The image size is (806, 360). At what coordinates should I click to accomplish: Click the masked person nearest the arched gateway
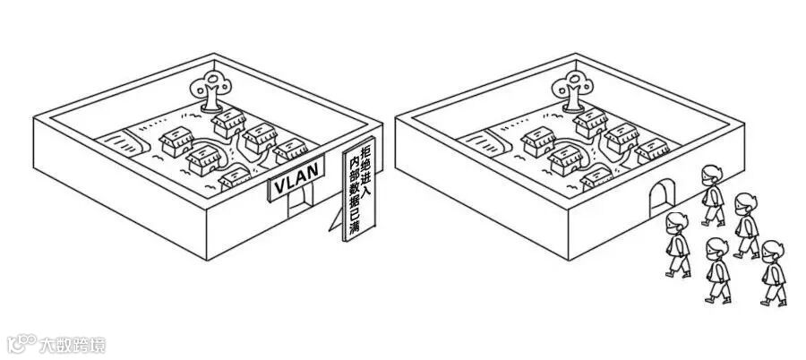point(712,195)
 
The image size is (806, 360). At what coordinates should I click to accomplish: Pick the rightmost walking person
point(771,272)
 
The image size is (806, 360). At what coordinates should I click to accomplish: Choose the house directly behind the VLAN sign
point(236,176)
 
